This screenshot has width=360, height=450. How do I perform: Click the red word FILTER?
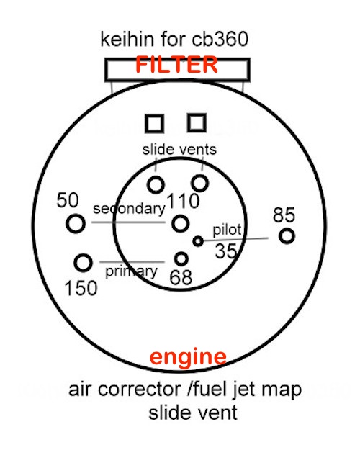(x=176, y=65)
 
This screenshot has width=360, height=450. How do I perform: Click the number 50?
(x=68, y=200)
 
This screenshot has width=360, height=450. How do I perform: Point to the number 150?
(x=81, y=288)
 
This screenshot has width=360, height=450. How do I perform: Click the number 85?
(x=284, y=215)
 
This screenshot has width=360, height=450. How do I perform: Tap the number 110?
(x=183, y=200)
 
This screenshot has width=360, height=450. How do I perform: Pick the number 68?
(x=181, y=277)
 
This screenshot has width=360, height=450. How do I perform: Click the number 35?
(x=226, y=251)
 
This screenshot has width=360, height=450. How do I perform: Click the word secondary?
(x=129, y=209)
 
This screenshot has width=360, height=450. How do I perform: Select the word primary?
(x=131, y=271)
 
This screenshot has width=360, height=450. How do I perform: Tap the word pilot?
(x=227, y=230)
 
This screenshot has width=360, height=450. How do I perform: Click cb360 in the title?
(x=220, y=40)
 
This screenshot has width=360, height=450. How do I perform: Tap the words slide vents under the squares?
(x=179, y=150)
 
